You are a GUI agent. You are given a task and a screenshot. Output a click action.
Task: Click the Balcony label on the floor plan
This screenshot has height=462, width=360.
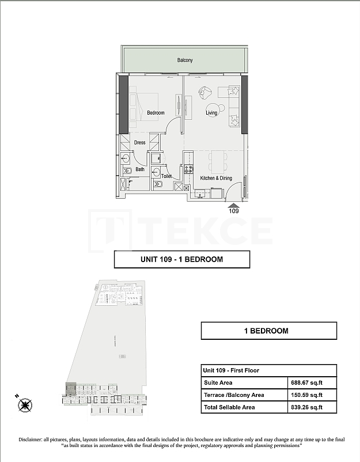coord(185,60)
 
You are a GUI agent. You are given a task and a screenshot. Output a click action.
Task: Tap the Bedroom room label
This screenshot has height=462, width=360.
coord(156,113)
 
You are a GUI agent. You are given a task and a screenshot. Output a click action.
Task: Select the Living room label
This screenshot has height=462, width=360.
coord(212,113)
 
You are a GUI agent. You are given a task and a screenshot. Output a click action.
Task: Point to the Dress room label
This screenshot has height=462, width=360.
coord(140,142)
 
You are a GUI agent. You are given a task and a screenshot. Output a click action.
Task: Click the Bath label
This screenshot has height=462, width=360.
coord(140,169)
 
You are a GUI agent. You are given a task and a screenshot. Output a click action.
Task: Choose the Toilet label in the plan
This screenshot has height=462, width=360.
coord(166,176)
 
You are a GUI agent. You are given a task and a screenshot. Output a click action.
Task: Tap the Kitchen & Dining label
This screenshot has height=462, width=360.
coord(216,179)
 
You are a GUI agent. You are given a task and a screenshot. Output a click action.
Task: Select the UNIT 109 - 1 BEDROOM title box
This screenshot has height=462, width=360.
coord(182,259)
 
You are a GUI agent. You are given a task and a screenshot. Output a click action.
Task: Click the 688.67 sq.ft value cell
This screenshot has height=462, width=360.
coord(312,382)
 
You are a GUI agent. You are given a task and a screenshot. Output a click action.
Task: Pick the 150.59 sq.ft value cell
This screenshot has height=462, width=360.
coord(312,395)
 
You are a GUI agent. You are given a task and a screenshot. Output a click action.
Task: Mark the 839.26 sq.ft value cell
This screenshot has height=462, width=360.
coord(312,407)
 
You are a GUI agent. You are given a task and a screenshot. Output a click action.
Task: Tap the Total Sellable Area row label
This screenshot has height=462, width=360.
coord(229,407)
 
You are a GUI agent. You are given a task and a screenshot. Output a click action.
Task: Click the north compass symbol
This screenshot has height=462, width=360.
coord(25,405)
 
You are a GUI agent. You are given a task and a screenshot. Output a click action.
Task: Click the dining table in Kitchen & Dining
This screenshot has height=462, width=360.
coord(217,162)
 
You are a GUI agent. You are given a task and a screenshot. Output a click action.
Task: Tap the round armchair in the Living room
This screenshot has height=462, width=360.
coord(206,92)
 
